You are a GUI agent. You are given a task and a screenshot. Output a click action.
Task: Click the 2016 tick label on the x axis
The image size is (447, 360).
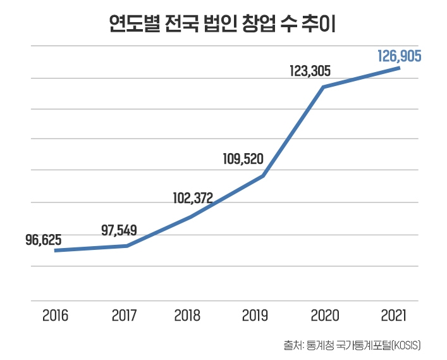coord(56,315)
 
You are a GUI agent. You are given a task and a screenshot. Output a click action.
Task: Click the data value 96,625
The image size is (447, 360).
coord(44,240)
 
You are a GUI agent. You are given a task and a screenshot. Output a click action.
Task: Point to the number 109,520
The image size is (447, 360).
coord(243,158)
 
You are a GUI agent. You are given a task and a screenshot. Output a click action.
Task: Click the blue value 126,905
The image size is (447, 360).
coord(399,56)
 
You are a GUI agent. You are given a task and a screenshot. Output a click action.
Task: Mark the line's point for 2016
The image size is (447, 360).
coord(56,251)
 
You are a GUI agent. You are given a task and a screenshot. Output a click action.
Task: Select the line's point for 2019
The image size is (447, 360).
coord(262,176)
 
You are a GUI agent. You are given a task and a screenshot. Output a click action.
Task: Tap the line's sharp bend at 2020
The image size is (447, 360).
coord(323,87)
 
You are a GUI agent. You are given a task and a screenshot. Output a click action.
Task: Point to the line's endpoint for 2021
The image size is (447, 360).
coord(399,68)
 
